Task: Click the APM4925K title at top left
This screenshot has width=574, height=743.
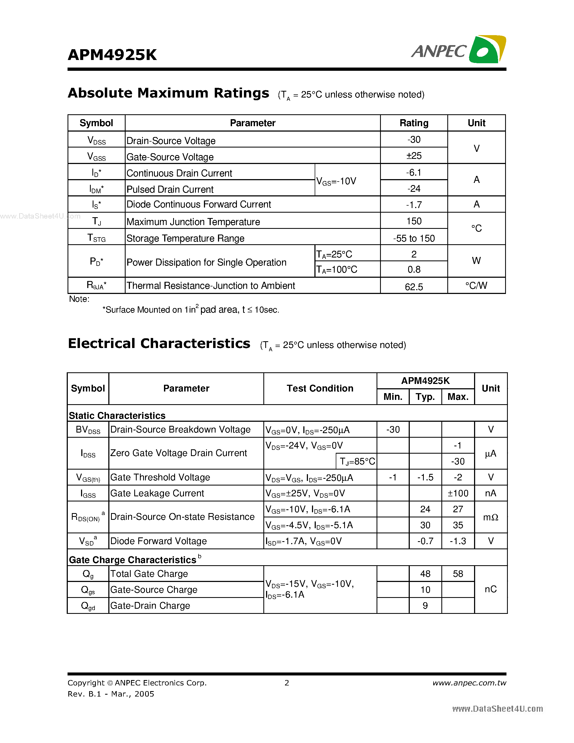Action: tap(112, 55)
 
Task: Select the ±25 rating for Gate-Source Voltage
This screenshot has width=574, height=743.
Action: tap(414, 156)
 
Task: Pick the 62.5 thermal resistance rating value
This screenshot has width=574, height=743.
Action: tap(414, 287)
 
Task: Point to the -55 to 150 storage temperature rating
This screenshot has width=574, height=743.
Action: tap(414, 238)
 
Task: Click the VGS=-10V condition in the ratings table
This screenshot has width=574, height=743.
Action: tap(336, 181)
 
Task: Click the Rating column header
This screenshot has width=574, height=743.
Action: tap(414, 123)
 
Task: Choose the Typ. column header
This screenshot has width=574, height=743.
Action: tap(425, 397)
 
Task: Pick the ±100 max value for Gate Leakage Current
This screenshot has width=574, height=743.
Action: tap(458, 493)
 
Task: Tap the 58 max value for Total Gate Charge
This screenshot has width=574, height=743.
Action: tap(458, 574)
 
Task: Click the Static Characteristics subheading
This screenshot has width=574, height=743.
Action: tap(117, 415)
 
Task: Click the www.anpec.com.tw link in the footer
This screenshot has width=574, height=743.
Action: tap(469, 683)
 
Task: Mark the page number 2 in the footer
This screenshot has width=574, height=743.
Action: tap(287, 683)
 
